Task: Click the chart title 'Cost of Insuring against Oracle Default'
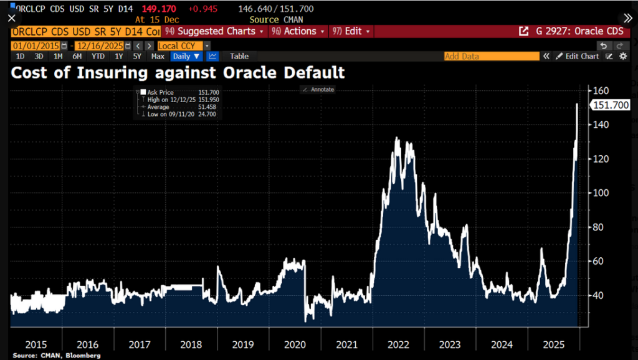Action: pyautogui.click(x=178, y=73)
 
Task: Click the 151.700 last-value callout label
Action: pyautogui.click(x=609, y=105)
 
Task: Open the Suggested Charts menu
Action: pyautogui.click(x=214, y=31)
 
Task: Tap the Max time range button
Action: pyautogui.click(x=158, y=56)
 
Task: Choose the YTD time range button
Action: pyautogui.click(x=98, y=56)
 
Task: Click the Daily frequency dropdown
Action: pyautogui.click(x=186, y=56)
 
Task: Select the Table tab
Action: pyautogui.click(x=239, y=56)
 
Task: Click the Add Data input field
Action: pyautogui.click(x=491, y=56)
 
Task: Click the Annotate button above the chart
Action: pyautogui.click(x=318, y=90)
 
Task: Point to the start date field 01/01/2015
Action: pyautogui.click(x=36, y=45)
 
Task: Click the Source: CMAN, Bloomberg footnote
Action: pyautogui.click(x=47, y=356)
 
